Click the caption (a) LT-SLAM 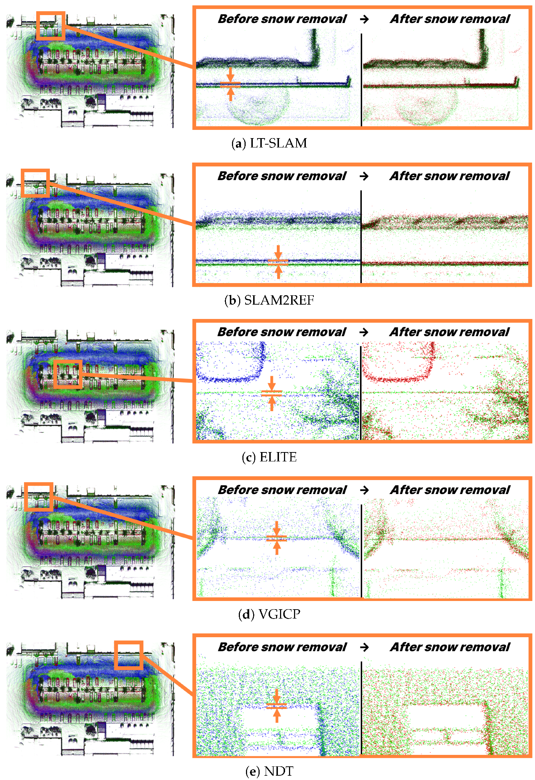pyautogui.click(x=269, y=143)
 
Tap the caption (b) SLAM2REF pyautogui.click(x=269, y=300)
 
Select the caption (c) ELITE pyautogui.click(x=269, y=457)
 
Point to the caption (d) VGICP pyautogui.click(x=269, y=614)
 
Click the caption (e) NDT pyautogui.click(x=269, y=771)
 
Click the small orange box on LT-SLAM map pyautogui.click(x=51, y=26)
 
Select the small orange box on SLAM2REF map pyautogui.click(x=35, y=183)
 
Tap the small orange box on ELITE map pyautogui.click(x=68, y=374)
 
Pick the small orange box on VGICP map pyautogui.click(x=39, y=497)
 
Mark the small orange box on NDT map pyautogui.click(x=129, y=655)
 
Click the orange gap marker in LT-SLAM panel pyautogui.click(x=230, y=85)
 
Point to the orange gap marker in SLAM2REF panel pyautogui.click(x=278, y=262)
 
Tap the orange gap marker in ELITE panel pyautogui.click(x=271, y=393)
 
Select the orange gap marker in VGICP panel pyautogui.click(x=276, y=538)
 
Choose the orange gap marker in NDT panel pyautogui.click(x=276, y=706)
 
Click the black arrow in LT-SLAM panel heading pyautogui.click(x=364, y=19)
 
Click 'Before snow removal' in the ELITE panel pyautogui.click(x=281, y=332)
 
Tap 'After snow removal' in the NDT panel pyautogui.click(x=450, y=647)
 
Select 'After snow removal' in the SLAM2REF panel pyautogui.click(x=450, y=176)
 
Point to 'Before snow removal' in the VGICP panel pyautogui.click(x=282, y=490)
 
